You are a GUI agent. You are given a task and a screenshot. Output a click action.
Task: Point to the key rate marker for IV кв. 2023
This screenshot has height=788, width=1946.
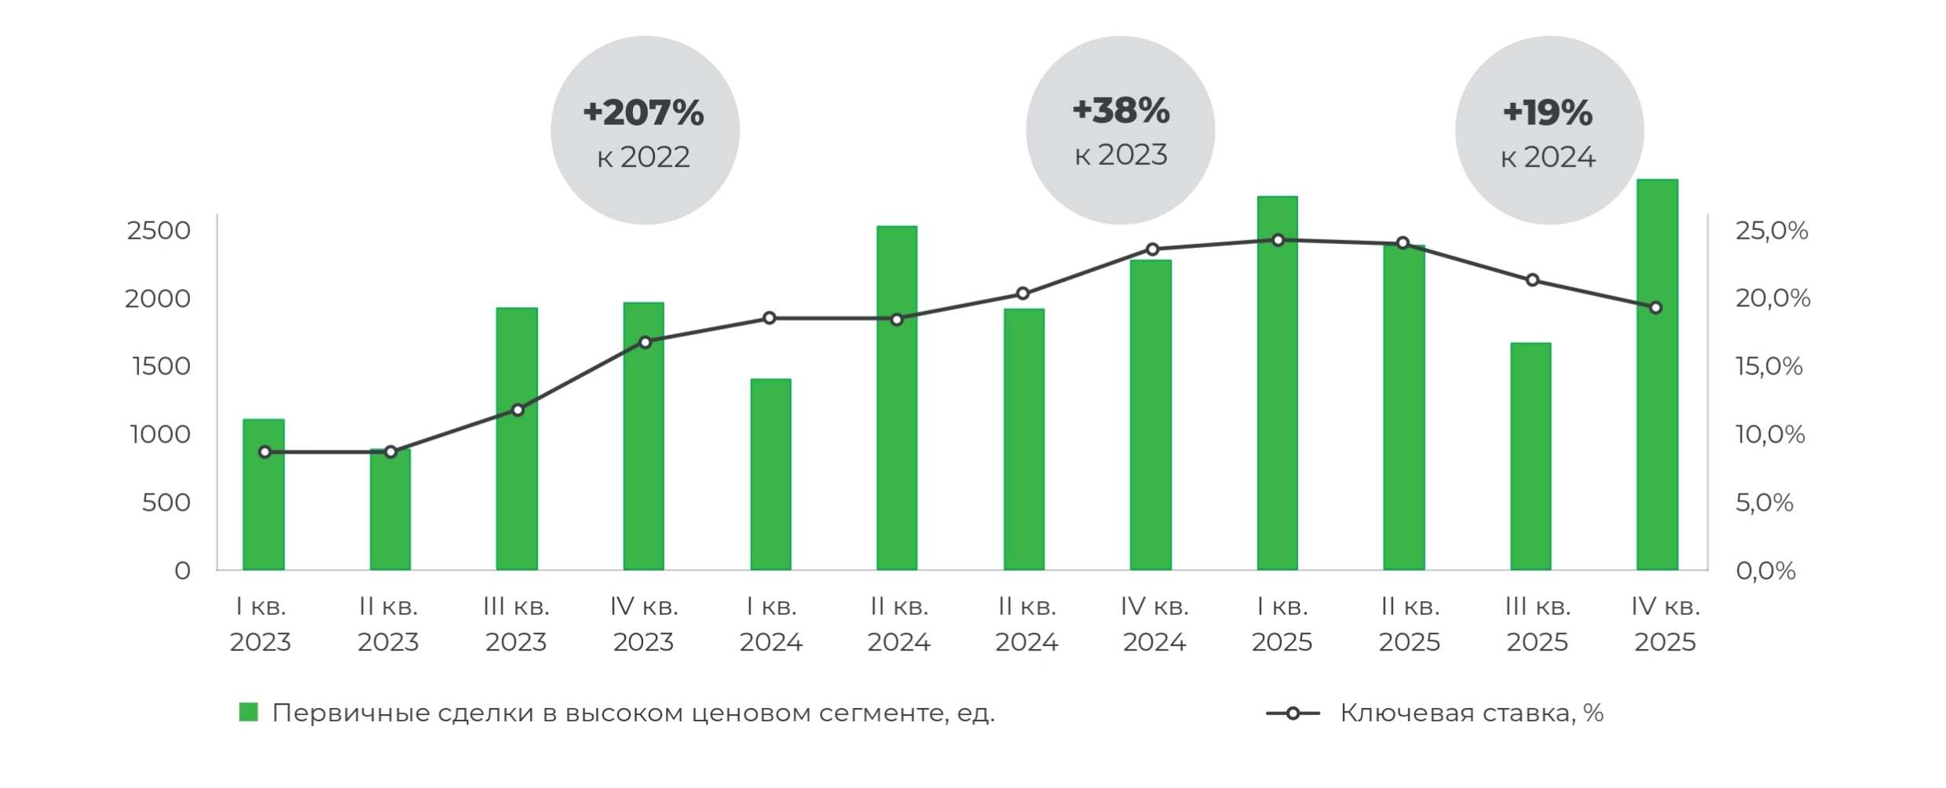click(x=646, y=342)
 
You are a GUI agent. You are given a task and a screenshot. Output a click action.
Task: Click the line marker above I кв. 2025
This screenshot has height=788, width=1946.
click(x=1278, y=240)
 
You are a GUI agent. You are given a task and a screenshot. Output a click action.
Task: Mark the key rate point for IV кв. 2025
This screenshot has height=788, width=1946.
click(x=1655, y=308)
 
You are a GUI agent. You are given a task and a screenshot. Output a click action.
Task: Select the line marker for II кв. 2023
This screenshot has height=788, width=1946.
click(x=390, y=452)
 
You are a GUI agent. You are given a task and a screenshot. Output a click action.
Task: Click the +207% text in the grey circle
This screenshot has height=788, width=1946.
click(x=644, y=112)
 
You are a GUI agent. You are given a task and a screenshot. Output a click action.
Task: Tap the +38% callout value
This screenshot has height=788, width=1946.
click(x=1121, y=111)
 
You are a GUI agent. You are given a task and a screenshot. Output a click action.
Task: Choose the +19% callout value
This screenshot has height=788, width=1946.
click(x=1548, y=112)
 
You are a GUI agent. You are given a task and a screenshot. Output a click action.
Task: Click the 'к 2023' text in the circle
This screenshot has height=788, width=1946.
click(x=1121, y=155)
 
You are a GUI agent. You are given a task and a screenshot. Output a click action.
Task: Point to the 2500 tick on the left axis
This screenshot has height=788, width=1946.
click(x=159, y=231)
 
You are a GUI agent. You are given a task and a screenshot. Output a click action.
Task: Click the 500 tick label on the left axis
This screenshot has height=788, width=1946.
click(x=166, y=502)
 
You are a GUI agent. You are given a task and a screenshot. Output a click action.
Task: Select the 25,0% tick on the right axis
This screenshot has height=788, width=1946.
click(x=1772, y=231)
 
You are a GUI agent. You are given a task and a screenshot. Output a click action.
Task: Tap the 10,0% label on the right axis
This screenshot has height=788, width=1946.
click(x=1770, y=434)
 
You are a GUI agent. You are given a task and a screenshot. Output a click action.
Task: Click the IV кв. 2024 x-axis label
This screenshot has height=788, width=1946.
click(x=1154, y=624)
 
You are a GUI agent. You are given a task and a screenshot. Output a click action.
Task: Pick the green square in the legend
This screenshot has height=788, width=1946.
click(x=248, y=713)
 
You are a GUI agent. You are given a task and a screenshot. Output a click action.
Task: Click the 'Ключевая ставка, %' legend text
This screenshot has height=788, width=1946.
click(x=1471, y=713)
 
